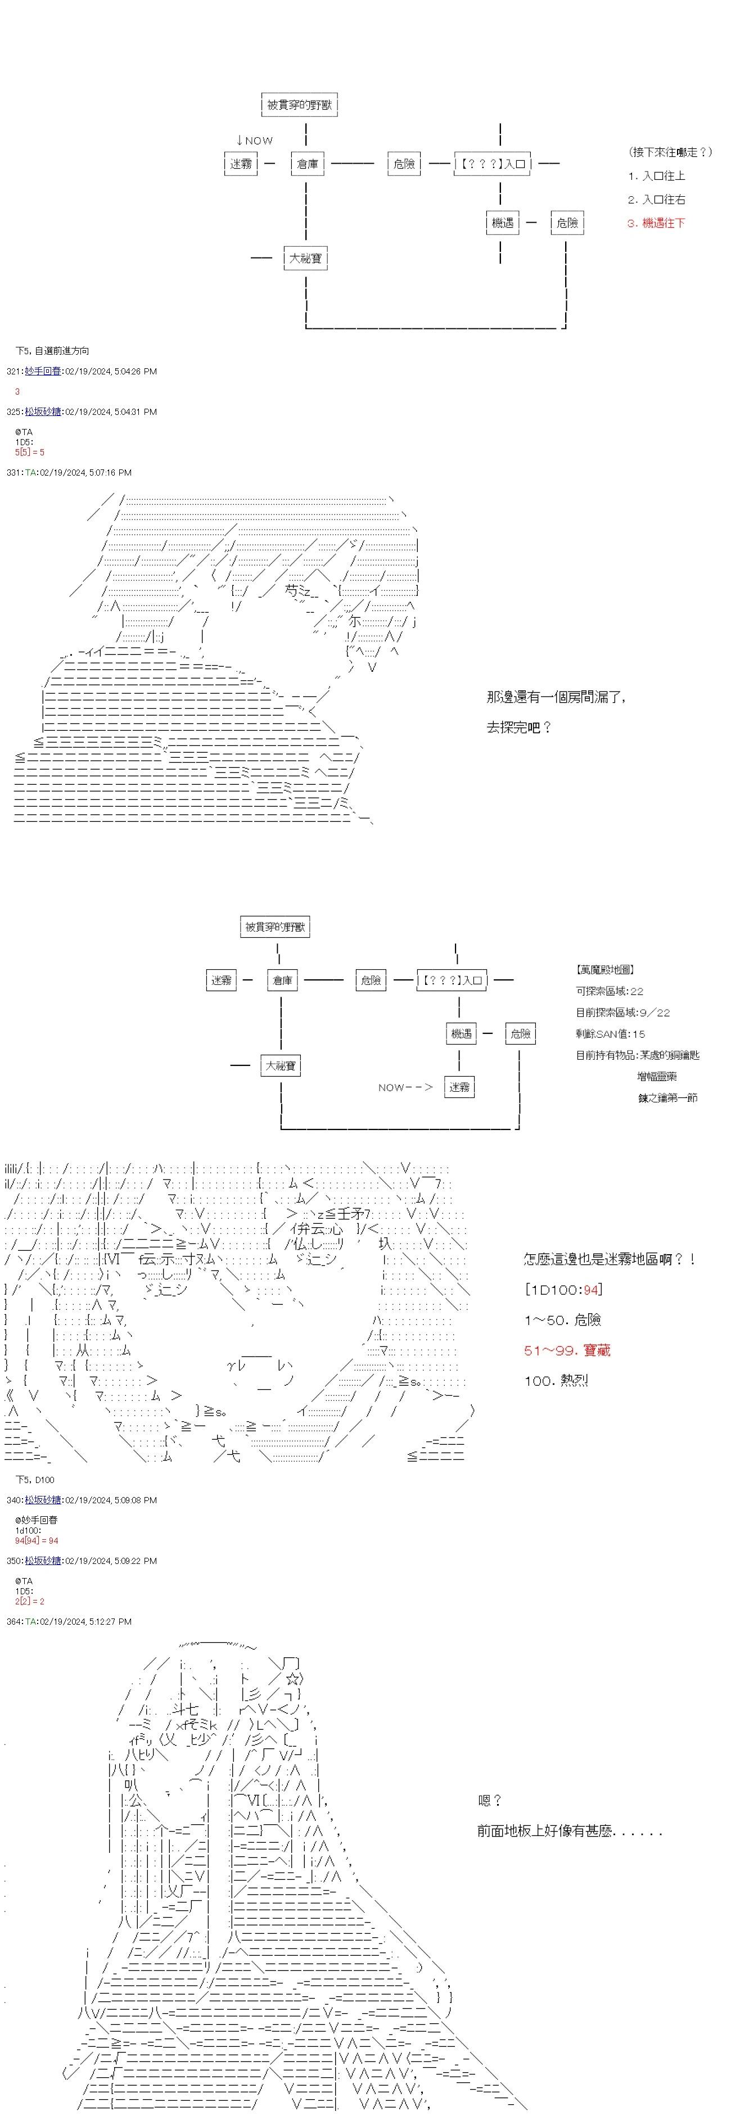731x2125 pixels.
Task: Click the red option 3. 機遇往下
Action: pyautogui.click(x=656, y=223)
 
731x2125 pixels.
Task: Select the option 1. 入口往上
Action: pyautogui.click(x=656, y=176)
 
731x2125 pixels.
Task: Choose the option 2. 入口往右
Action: pyautogui.click(x=656, y=200)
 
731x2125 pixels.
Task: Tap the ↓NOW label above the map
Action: pyautogui.click(x=254, y=140)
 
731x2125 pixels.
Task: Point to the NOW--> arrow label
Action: pyautogui.click(x=405, y=1087)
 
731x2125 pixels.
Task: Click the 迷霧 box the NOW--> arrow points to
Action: pyautogui.click(x=459, y=1087)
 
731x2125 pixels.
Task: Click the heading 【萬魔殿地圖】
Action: pyautogui.click(x=606, y=970)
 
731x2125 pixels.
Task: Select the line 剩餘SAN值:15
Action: pyautogui.click(x=611, y=1034)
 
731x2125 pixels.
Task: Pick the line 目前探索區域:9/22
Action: pyautogui.click(x=623, y=1012)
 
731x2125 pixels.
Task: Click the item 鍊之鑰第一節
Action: pyautogui.click(x=667, y=1098)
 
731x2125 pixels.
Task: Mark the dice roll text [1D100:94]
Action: pyautogui.click(x=563, y=1290)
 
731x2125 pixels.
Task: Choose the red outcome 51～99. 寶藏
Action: pyautogui.click(x=567, y=1350)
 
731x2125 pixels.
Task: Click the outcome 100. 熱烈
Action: pyautogui.click(x=556, y=1380)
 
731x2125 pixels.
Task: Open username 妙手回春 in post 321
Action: pyautogui.click(x=42, y=371)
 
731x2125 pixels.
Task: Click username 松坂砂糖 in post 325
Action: pyautogui.click(x=42, y=412)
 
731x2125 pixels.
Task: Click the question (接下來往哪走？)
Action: pyautogui.click(x=670, y=152)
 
